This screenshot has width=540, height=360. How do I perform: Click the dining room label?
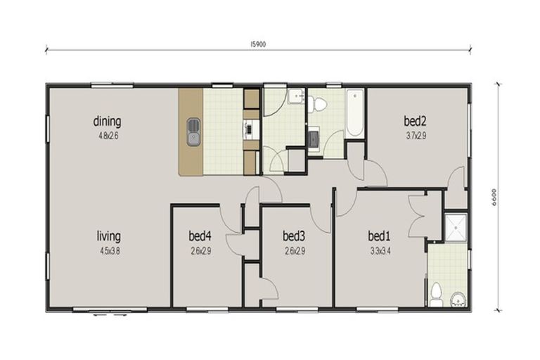(107, 121)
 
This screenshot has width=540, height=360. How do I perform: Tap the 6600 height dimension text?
(495, 198)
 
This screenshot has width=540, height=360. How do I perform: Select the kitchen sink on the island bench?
(194, 132)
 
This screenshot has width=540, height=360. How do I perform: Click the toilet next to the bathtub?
(320, 105)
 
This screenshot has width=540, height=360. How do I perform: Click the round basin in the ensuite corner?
(458, 298)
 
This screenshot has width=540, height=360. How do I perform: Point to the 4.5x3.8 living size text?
(108, 250)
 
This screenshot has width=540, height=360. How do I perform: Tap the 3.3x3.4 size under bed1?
(380, 250)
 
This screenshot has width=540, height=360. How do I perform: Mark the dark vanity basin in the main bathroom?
(314, 139)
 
